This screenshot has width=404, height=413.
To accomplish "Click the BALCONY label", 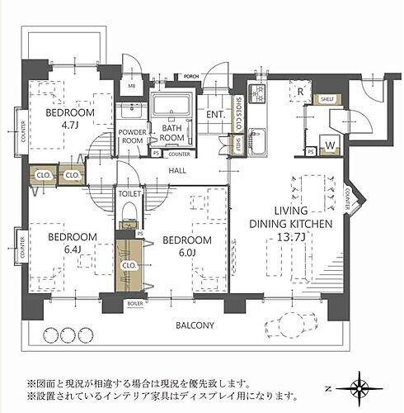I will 195,325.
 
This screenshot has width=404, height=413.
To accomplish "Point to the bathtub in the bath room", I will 171,106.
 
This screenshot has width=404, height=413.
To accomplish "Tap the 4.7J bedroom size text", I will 68,126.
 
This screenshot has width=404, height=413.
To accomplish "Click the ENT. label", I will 216,115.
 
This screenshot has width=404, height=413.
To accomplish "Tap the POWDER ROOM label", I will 132,136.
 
